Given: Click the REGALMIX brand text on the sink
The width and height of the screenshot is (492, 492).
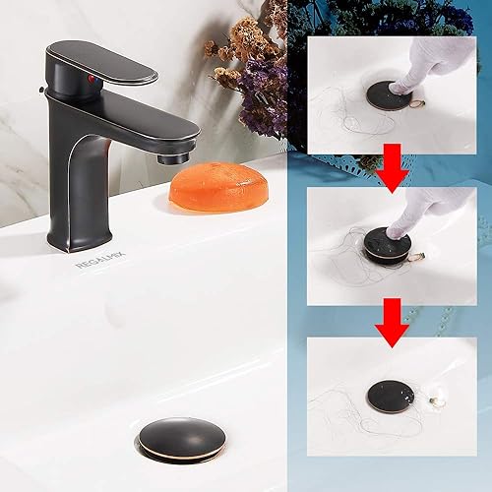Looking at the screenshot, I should pos(95,264).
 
